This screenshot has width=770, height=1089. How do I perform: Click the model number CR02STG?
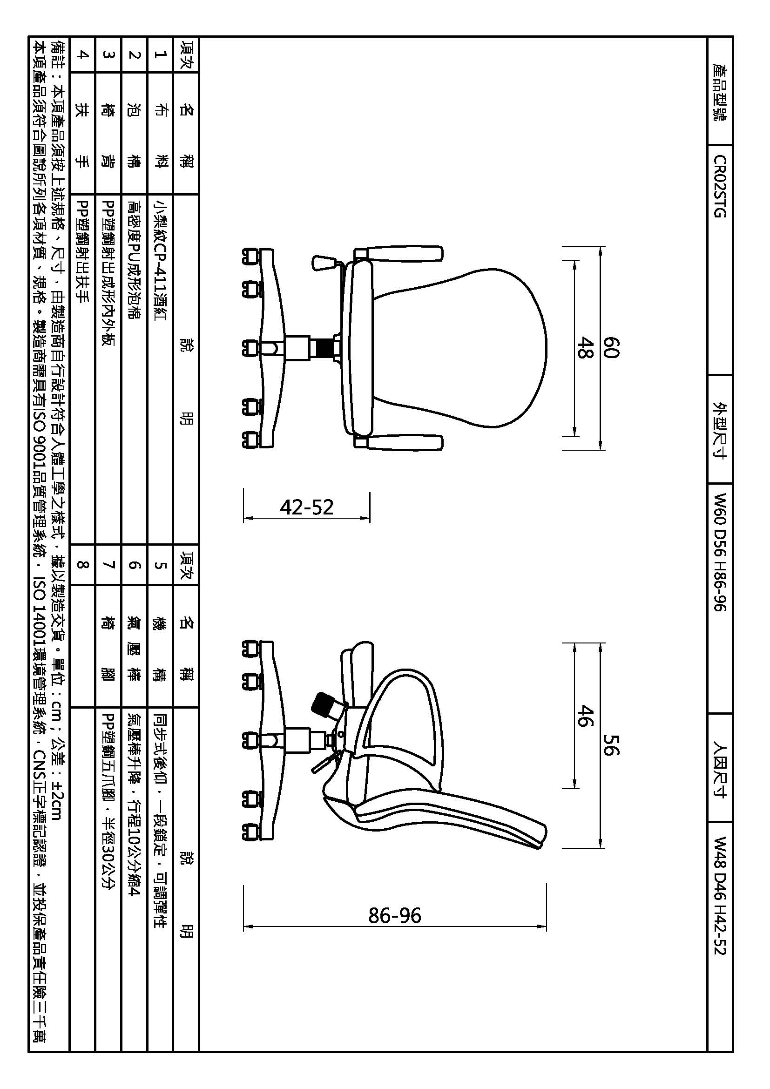pos(720,186)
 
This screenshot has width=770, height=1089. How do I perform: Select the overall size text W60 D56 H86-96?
pos(720,552)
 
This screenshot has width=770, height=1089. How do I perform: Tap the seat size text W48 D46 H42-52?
pos(720,895)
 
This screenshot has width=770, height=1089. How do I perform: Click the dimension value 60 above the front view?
pos(611,348)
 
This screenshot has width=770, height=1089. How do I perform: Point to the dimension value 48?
pos(586,348)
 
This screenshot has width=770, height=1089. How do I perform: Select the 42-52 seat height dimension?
pos(307,507)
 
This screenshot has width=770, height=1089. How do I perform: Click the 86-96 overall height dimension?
pos(394,915)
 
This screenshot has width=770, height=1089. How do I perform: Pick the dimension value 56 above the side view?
pos(611,744)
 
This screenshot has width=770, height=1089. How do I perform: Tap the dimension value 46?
pos(586,716)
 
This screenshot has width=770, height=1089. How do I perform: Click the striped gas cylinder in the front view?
pos(325,348)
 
